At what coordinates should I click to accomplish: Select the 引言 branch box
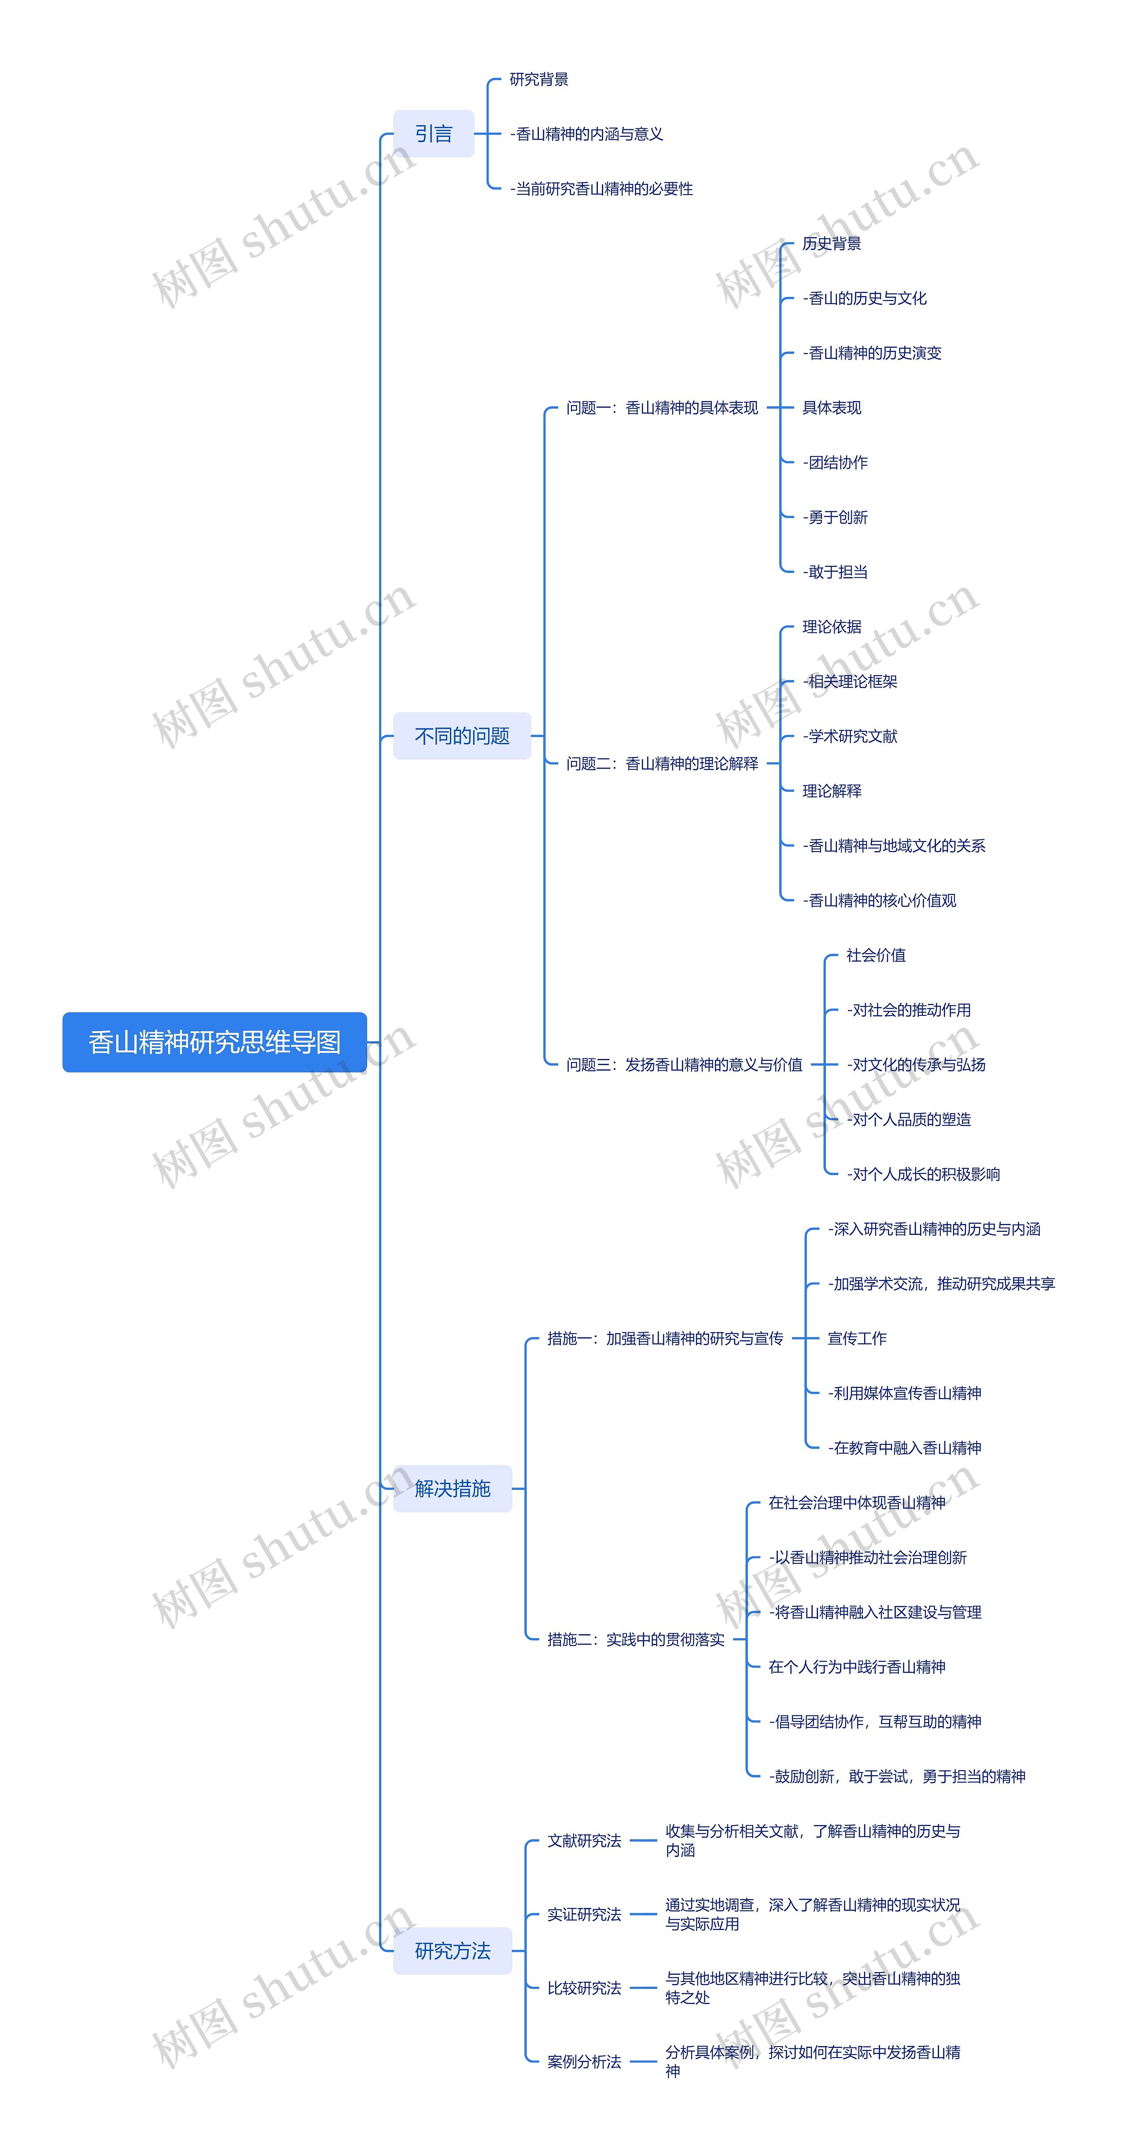coord(433,133)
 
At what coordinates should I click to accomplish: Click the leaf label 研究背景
coord(538,79)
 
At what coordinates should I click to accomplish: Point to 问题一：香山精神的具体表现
coord(662,407)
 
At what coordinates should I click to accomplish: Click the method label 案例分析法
coord(584,2062)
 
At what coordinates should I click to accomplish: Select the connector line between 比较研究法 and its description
coord(643,1988)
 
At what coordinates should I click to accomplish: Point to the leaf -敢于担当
coord(835,572)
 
